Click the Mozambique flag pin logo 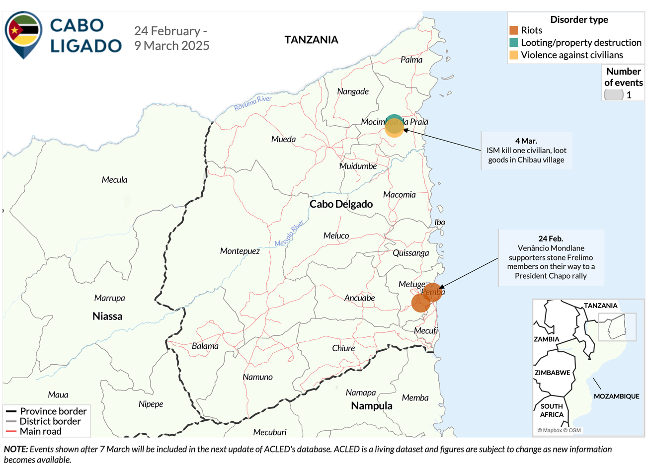click(23, 34)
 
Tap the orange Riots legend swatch click(514, 30)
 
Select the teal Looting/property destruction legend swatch click(514, 43)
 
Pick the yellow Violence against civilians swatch click(514, 55)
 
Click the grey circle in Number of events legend click(614, 94)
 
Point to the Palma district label click(411, 60)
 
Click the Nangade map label click(353, 91)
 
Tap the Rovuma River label click(253, 103)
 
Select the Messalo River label click(289, 234)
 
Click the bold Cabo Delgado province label click(341, 204)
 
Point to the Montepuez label click(240, 251)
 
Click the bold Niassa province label click(107, 316)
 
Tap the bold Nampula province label click(372, 406)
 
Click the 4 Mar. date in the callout click(526, 141)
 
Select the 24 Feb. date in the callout click(551, 238)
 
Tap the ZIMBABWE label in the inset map click(552, 373)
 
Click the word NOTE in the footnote click(15, 449)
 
